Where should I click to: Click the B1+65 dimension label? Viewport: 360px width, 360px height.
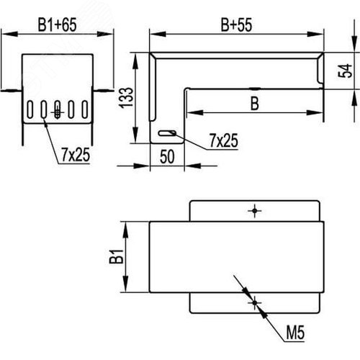pos(57,24)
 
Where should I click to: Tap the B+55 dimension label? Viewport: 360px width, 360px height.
pos(236,24)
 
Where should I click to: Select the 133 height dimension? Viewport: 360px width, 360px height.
pos(127,98)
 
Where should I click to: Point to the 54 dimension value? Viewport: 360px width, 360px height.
pos(345,71)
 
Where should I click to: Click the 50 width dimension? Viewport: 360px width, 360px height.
pos(167,157)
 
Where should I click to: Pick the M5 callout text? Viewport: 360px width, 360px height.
pos(295,333)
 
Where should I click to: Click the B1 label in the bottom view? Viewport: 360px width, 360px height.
pos(117,256)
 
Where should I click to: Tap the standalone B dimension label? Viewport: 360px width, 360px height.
pos(255,104)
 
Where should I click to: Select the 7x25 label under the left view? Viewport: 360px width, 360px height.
pos(76,155)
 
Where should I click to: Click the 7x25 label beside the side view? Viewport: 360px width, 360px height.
pos(224,140)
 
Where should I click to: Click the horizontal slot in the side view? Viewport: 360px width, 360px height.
pos(167,133)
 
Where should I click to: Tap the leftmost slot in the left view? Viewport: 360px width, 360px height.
pos(30,109)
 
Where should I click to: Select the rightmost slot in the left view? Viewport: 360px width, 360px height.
pos(85,109)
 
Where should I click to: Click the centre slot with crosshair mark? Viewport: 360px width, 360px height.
pos(58,109)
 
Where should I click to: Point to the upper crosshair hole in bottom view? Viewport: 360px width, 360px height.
pos(255,211)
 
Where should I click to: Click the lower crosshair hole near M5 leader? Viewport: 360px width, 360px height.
pos(255,303)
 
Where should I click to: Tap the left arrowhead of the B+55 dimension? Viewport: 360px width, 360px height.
pos(158,34)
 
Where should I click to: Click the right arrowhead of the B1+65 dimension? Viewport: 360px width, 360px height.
pos(105,34)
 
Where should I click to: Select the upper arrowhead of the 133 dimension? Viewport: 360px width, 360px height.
pos(136,62)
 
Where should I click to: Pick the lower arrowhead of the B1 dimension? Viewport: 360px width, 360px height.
pos(125,284)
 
